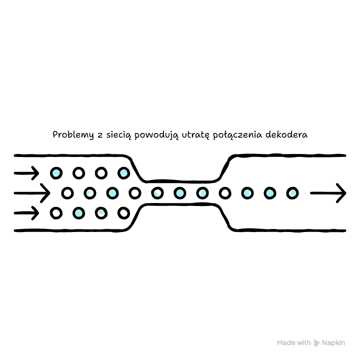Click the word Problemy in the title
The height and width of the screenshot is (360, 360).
pos(73,135)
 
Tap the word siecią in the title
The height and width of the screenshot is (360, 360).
pos(119,135)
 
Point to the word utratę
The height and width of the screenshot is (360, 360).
pos(195,135)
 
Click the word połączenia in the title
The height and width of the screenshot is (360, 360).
pos(237,135)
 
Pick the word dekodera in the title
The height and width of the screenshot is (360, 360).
pos(286,134)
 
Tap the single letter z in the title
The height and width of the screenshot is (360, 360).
pos(100,135)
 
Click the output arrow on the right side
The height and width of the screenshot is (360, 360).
pos(328,193)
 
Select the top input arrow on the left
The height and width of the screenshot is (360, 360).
pos(26,173)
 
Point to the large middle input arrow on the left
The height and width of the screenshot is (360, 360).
pos(32,193)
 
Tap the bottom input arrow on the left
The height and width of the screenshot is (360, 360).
pos(26,213)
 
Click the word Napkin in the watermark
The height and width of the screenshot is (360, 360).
pos(333,343)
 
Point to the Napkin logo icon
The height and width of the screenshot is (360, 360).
pos(316,343)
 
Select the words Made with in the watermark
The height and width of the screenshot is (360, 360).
pos(293,343)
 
